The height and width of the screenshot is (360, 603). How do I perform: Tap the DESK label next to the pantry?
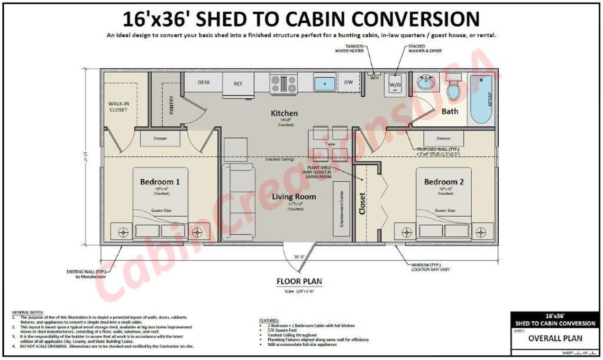point(204,82)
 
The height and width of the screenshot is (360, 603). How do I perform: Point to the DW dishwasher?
point(349,82)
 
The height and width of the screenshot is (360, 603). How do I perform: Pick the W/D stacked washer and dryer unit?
point(395,84)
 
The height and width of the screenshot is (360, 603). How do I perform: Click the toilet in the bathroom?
point(453,88)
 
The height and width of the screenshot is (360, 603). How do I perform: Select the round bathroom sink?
point(425,83)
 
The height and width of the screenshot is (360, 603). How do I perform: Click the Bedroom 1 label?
point(160,182)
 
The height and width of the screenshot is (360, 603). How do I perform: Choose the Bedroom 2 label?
point(444,182)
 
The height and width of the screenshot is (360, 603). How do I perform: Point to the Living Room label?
point(294,197)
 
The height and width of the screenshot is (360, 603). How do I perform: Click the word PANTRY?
point(171,104)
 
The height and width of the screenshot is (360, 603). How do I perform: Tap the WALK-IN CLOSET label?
point(118,106)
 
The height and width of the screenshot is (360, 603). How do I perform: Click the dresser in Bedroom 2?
point(443,139)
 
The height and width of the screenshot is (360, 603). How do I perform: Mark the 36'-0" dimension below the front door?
point(299,257)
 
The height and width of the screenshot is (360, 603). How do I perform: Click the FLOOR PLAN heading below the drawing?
point(299,281)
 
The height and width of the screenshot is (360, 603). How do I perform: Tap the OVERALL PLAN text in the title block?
point(555,338)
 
